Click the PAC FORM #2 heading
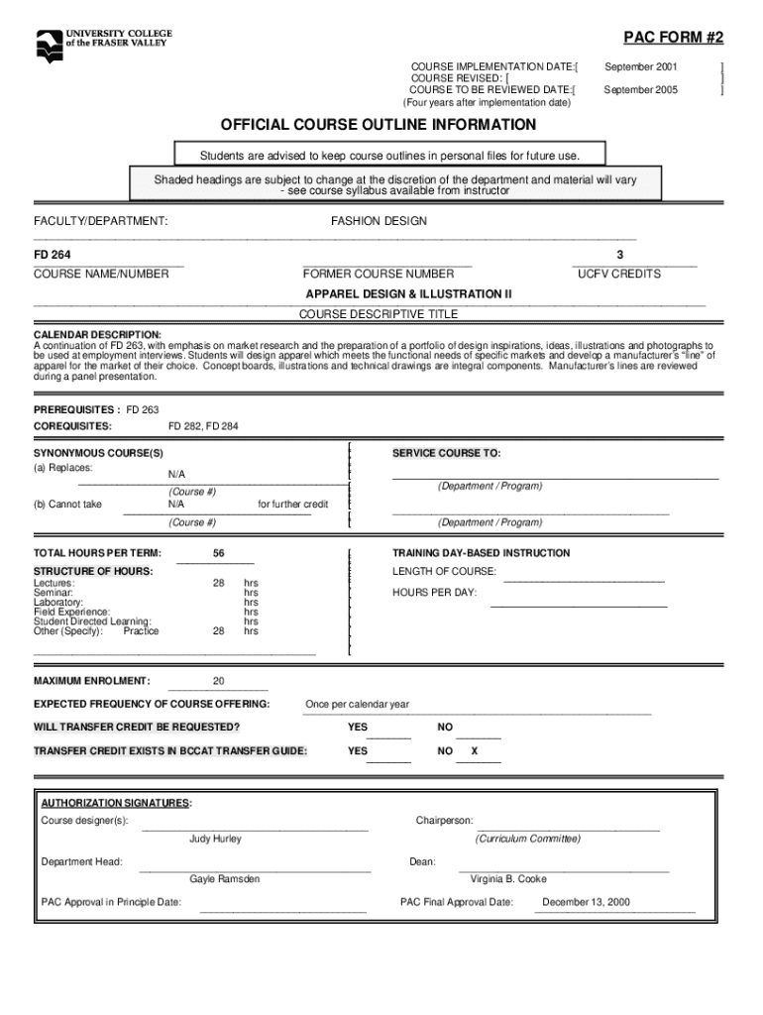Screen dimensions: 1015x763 pyautogui.click(x=673, y=39)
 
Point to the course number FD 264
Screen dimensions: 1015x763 pyautogui.click(x=53, y=256)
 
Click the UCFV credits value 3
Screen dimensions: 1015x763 pyautogui.click(x=619, y=256)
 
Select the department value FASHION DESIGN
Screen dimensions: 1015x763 pyautogui.click(x=379, y=221)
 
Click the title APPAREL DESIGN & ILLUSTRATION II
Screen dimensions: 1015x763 pyautogui.click(x=408, y=294)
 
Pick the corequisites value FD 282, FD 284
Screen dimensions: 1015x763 pyautogui.click(x=203, y=426)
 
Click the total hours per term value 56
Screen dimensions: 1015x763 pyautogui.click(x=218, y=553)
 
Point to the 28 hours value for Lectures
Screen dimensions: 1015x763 pyautogui.click(x=218, y=583)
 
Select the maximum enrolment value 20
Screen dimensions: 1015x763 pyautogui.click(x=218, y=681)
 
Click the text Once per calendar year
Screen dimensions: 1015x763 pyautogui.click(x=357, y=705)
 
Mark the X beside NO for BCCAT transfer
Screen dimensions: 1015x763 pyautogui.click(x=475, y=751)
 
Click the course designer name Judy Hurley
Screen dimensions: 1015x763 pyautogui.click(x=215, y=839)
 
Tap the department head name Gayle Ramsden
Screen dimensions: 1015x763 pyautogui.click(x=225, y=879)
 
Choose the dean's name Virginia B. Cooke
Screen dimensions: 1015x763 pyautogui.click(x=508, y=879)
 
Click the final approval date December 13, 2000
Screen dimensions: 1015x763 pyautogui.click(x=586, y=903)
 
